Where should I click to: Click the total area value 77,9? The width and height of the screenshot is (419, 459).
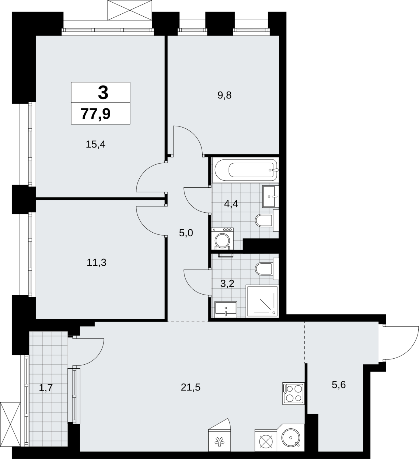96,114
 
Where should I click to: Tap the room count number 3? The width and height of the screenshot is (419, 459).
103,93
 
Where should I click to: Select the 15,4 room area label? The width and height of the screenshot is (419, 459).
96,144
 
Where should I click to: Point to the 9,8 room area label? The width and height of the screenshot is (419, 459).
224,95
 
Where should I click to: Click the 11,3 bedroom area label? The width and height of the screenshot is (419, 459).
97,262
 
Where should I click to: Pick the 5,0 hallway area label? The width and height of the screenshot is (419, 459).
186,233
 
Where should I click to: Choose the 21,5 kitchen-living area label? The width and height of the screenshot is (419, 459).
191,388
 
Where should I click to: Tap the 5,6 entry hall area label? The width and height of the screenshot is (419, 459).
339,385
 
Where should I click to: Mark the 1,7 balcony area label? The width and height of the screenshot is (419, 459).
46,388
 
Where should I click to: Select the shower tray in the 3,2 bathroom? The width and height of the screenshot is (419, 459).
262,301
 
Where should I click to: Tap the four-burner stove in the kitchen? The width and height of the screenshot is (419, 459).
293,394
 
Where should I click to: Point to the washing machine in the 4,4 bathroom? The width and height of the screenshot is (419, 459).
222,239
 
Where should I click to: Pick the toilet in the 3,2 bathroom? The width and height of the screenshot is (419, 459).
267,269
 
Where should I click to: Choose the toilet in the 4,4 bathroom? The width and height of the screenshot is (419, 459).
267,220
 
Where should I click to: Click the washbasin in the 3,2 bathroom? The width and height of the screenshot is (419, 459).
226,309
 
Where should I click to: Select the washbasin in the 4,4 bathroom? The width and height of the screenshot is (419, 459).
270,197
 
